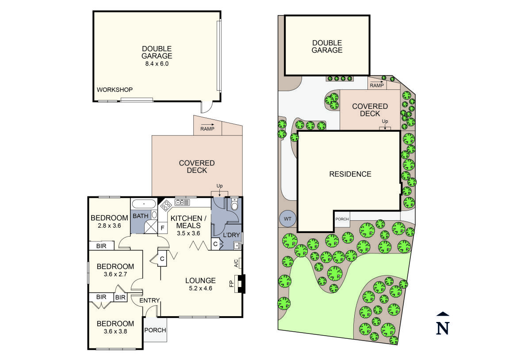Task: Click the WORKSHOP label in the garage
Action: click(115, 90)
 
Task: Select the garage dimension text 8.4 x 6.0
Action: click(157, 64)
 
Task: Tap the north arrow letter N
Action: click(443, 328)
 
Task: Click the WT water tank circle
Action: click(287, 218)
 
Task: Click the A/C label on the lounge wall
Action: click(236, 263)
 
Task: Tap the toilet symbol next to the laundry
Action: click(234, 205)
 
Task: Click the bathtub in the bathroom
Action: click(144, 204)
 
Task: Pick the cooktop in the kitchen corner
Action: click(166, 206)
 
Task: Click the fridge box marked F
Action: click(162, 228)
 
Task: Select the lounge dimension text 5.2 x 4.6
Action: click(200, 288)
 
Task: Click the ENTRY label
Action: click(149, 301)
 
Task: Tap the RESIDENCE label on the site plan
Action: click(350, 174)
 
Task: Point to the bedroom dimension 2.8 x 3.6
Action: click(109, 226)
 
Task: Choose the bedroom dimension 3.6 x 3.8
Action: click(115, 331)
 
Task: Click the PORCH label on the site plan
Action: click(342, 219)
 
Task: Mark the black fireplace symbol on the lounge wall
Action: click(241, 284)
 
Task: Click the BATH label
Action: click(141, 216)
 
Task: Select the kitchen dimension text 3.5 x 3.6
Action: click(188, 233)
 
